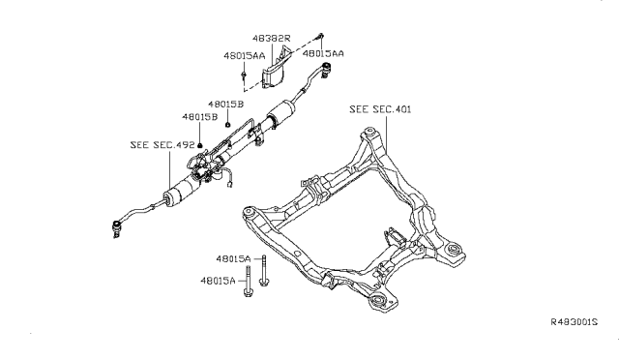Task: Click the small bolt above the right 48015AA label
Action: pos(319,35)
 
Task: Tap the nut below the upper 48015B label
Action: pos(224,124)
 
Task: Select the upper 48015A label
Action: pos(234,259)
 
